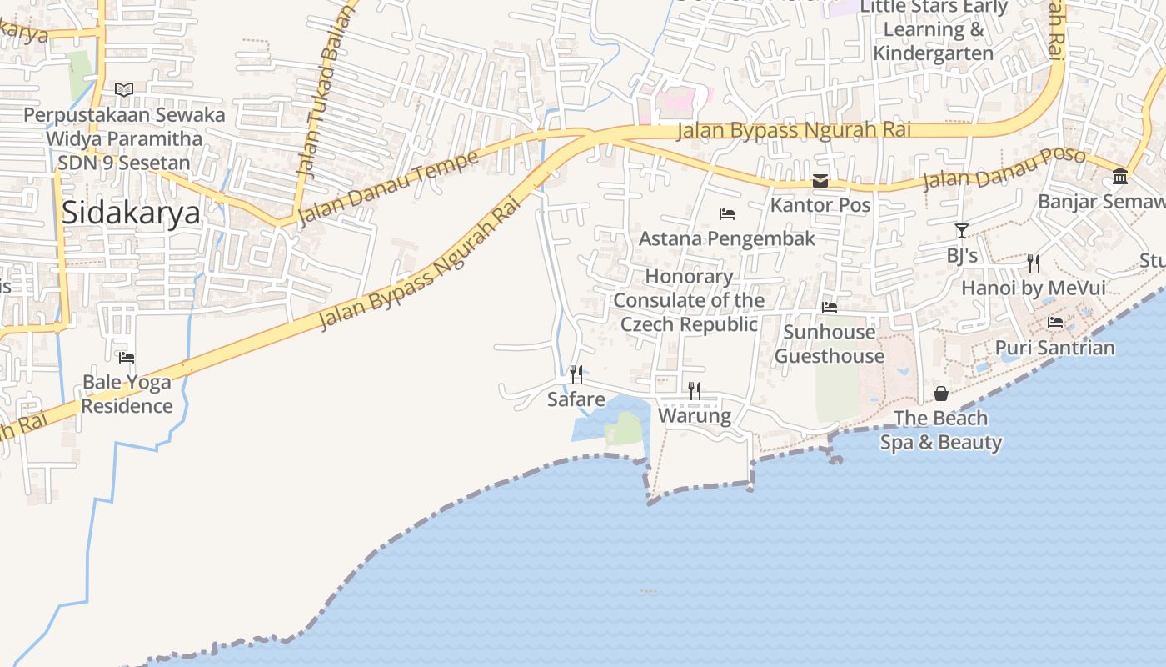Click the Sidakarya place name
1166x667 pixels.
[x=131, y=213]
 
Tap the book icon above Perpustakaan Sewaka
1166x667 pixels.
[x=124, y=89]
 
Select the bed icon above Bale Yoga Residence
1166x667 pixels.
[x=127, y=358]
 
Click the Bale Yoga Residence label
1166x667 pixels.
[x=127, y=394]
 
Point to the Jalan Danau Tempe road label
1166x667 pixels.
[x=387, y=188]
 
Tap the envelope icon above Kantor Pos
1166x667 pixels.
[x=820, y=181]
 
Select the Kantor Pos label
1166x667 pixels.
[x=820, y=205]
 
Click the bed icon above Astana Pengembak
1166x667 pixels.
[x=727, y=214]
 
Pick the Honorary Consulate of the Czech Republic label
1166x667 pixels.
[x=690, y=300]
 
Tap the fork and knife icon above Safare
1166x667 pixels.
[x=576, y=374]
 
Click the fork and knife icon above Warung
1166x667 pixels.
[x=695, y=390]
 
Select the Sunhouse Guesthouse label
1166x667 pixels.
[x=830, y=344]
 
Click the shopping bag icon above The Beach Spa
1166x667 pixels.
[x=941, y=394]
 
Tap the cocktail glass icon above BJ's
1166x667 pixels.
[x=962, y=231]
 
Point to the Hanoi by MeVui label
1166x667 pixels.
[x=1034, y=288]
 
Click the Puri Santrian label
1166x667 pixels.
[x=1055, y=347]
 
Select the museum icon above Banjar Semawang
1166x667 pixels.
[x=1120, y=177]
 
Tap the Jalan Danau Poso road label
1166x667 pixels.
[x=1004, y=169]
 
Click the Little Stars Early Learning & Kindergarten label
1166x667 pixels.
[x=934, y=30]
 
